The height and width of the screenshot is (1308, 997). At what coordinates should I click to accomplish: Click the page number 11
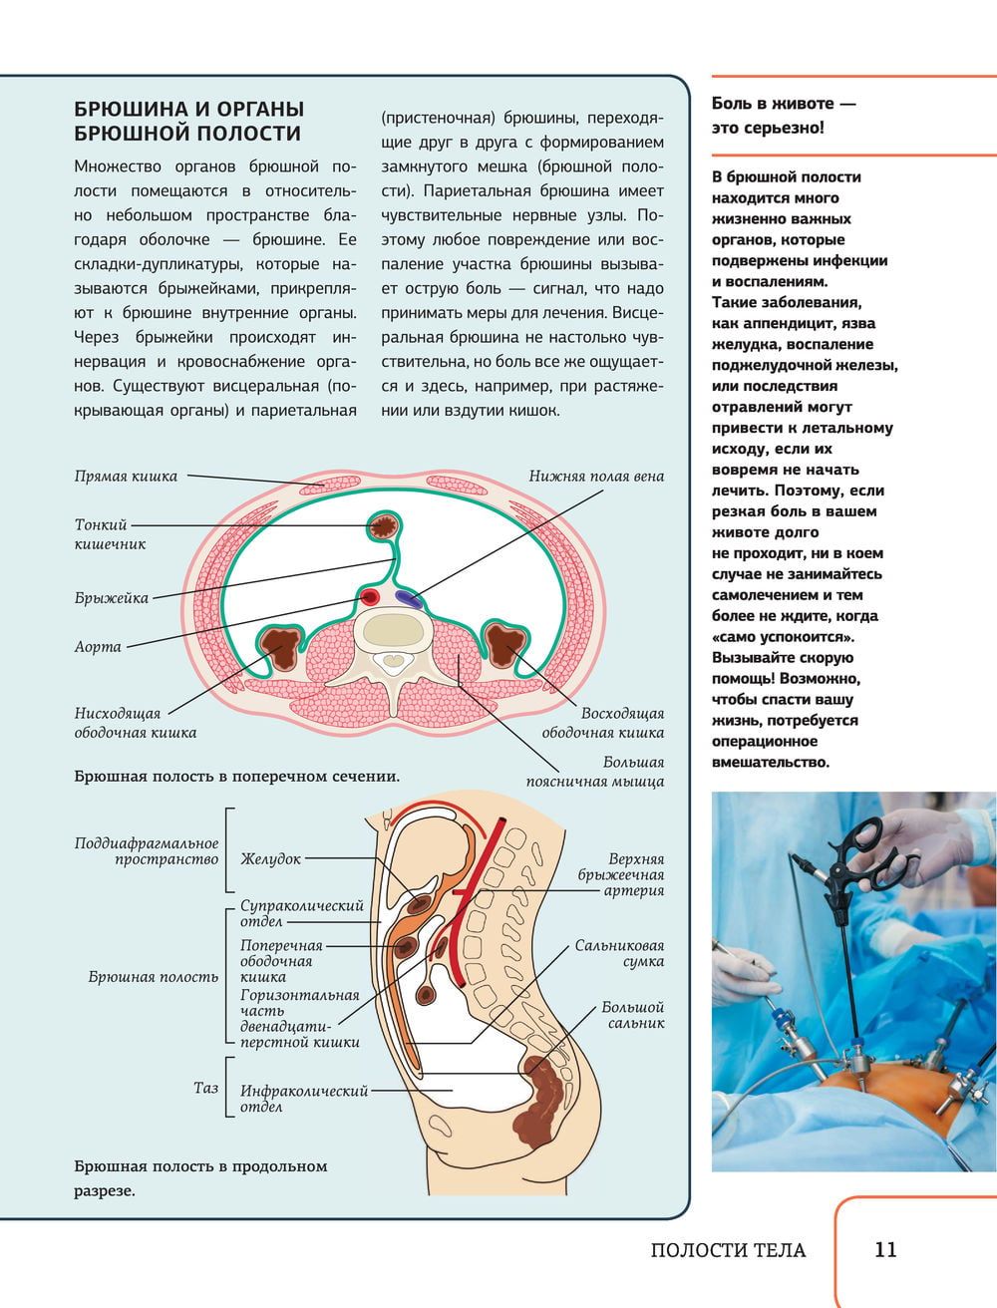click(x=885, y=1249)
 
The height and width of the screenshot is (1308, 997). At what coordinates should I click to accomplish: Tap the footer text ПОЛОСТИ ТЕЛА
click(x=728, y=1250)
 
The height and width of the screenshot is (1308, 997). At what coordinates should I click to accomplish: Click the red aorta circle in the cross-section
click(x=370, y=596)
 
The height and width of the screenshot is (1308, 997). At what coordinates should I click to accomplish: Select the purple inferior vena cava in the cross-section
click(x=409, y=598)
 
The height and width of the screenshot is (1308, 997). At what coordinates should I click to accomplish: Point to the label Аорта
click(x=98, y=647)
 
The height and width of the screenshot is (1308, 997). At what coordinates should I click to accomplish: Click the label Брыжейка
click(x=112, y=598)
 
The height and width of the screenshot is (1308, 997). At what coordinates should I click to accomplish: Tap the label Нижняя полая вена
click(x=596, y=477)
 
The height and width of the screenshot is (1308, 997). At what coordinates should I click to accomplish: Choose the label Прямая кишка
click(x=126, y=477)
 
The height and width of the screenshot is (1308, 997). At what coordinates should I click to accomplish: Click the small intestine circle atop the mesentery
click(x=383, y=526)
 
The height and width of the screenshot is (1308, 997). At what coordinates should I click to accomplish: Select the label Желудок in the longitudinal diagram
click(x=270, y=858)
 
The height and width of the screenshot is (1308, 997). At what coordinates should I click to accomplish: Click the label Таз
click(x=205, y=1088)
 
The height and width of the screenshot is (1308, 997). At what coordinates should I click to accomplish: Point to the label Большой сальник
click(x=633, y=1015)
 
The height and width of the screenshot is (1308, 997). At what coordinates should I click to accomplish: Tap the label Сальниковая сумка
click(x=620, y=953)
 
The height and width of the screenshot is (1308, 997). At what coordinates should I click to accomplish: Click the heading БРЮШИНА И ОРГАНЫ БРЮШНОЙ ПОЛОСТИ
click(x=189, y=121)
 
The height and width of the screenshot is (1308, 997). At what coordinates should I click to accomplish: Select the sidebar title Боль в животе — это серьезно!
click(x=784, y=116)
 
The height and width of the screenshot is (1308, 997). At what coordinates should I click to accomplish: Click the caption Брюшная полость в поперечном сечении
click(x=237, y=777)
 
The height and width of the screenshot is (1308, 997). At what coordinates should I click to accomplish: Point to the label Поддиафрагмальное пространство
click(x=147, y=851)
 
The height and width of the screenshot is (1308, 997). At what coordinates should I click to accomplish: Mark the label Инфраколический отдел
click(x=304, y=1099)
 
